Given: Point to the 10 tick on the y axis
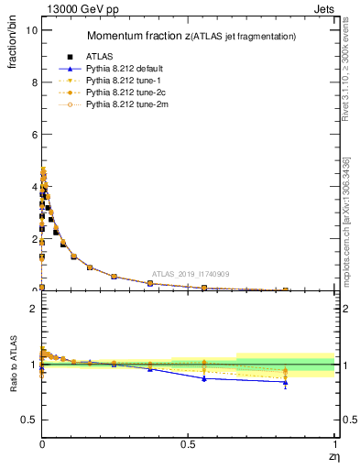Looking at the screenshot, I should [30, 29].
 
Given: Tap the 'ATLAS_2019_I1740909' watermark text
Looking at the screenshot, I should [191, 274].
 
